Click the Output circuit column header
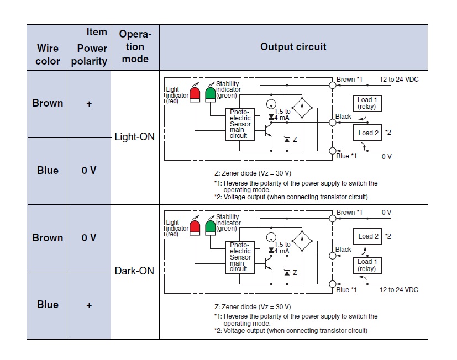[x=293, y=47]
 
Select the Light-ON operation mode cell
[x=134, y=136]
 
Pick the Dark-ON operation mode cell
[x=134, y=271]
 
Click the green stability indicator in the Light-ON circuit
[x=210, y=93]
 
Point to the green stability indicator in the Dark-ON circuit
[x=210, y=227]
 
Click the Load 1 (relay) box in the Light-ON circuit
[x=366, y=103]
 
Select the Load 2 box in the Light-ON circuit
[x=369, y=133]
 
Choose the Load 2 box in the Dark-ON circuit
[x=369, y=236]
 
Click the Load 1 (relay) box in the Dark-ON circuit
[x=366, y=265]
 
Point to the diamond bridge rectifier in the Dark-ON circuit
[x=302, y=241]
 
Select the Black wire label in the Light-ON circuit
[x=343, y=117]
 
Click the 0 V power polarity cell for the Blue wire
[x=89, y=171]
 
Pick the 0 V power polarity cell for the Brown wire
[x=89, y=238]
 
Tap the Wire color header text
[x=48, y=54]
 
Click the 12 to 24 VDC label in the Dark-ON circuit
[x=399, y=290]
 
